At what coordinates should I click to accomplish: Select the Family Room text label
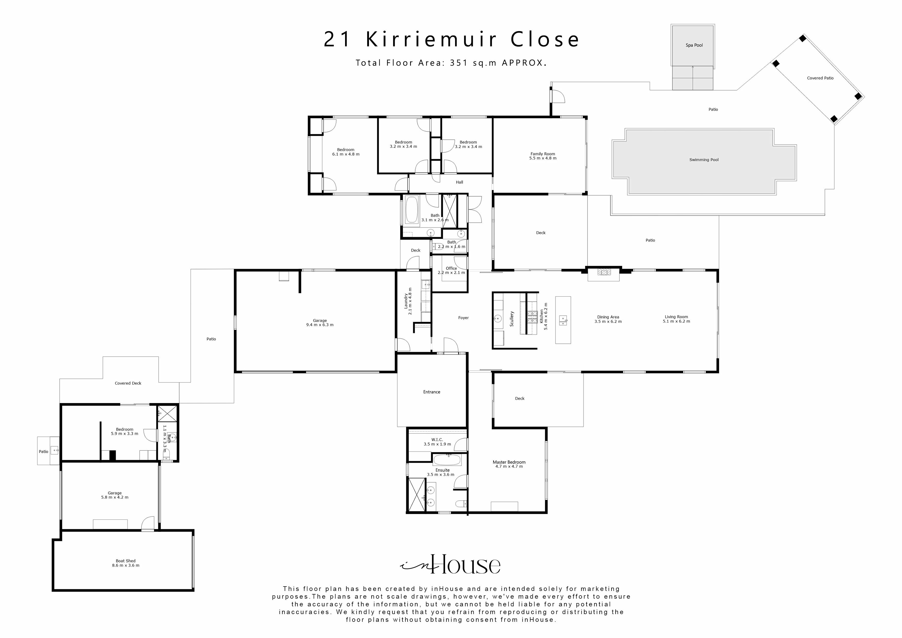click(x=543, y=154)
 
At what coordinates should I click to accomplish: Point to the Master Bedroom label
click(x=509, y=462)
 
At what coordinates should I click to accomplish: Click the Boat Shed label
click(x=125, y=561)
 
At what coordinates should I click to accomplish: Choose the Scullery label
click(x=511, y=319)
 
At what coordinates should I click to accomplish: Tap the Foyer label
click(x=463, y=318)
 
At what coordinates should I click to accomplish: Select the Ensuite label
click(x=442, y=470)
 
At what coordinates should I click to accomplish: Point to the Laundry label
click(x=406, y=301)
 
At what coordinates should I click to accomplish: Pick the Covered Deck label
click(x=128, y=383)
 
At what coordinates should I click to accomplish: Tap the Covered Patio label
click(x=820, y=78)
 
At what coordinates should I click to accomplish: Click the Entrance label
click(x=431, y=392)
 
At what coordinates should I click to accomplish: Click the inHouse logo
click(x=450, y=565)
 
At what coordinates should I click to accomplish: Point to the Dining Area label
click(x=608, y=317)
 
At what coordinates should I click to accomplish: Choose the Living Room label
click(x=676, y=317)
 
